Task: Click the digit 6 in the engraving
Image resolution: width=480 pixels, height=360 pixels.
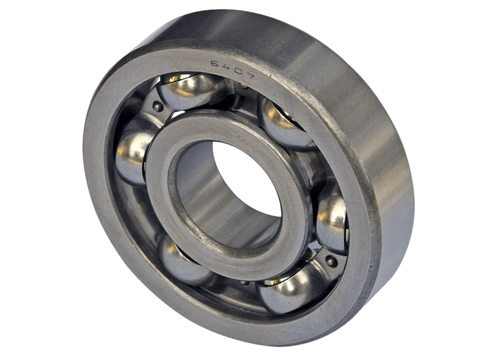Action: point(214,64)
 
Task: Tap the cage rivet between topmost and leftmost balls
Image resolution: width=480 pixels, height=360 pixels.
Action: point(158,107)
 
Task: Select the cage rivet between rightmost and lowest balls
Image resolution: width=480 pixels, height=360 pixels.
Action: point(330,262)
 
